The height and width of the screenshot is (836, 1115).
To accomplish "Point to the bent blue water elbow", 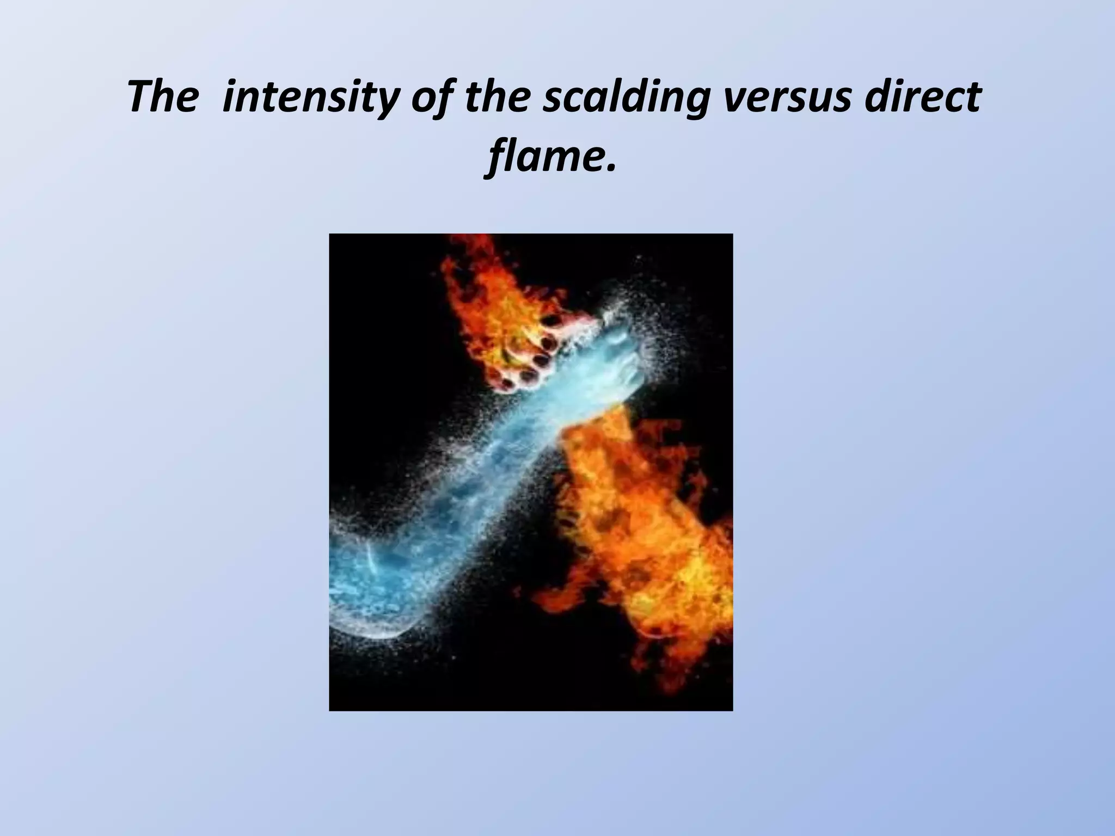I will coord(370,588).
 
